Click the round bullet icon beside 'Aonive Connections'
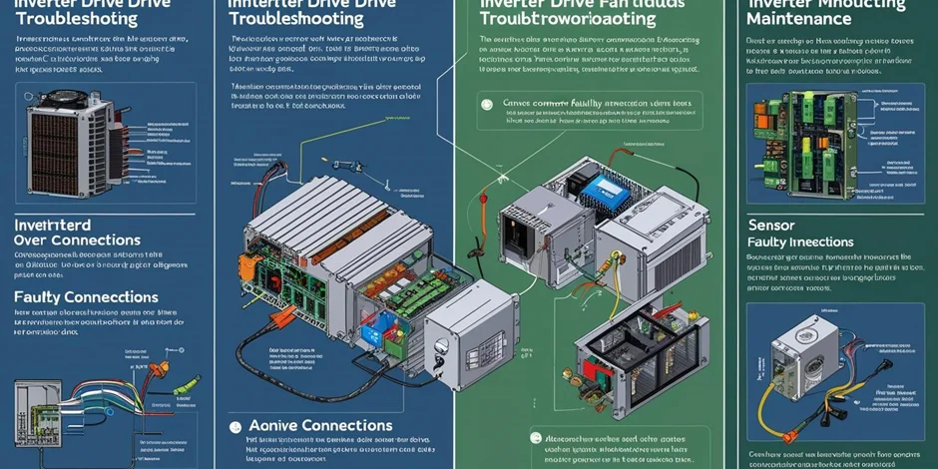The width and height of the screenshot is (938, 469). click(235, 427)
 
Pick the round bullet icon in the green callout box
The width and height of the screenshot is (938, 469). click(486, 103)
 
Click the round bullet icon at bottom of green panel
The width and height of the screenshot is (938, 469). click(537, 438)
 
